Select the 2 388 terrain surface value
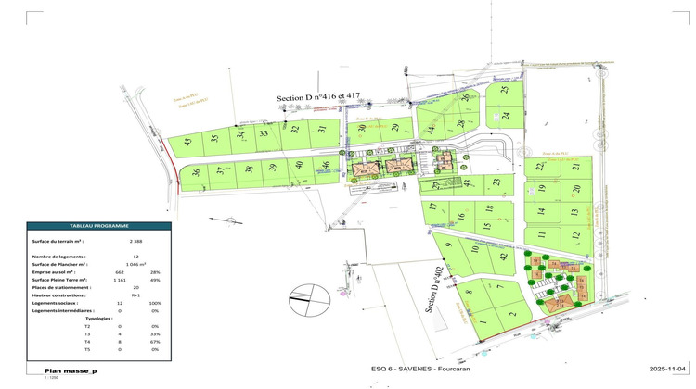pos(136,241)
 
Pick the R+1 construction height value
pos(136,295)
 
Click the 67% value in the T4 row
pos(155,342)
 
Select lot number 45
pos(188,143)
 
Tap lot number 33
pos(264,134)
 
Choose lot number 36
pos(196,172)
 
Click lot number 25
pos(505,90)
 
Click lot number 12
pos(575,235)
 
